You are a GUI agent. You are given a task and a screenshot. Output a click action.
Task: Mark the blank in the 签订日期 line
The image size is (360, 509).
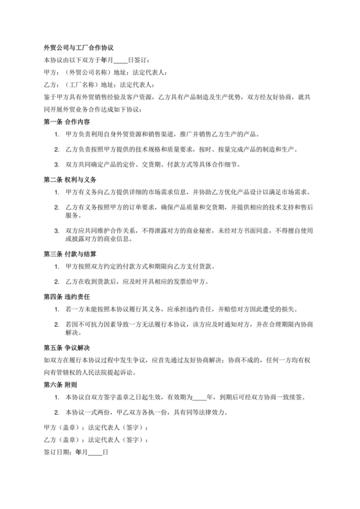pos(94,452)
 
